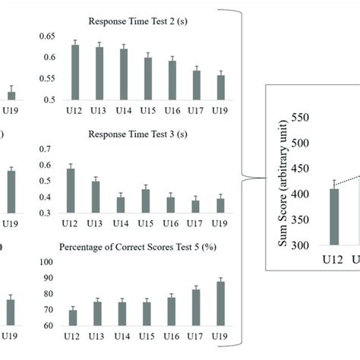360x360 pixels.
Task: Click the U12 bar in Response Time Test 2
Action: click(x=75, y=72)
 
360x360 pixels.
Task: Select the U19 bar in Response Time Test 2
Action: click(x=220, y=87)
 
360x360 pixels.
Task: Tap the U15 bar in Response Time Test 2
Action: click(x=147, y=79)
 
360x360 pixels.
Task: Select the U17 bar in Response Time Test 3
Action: click(x=195, y=207)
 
